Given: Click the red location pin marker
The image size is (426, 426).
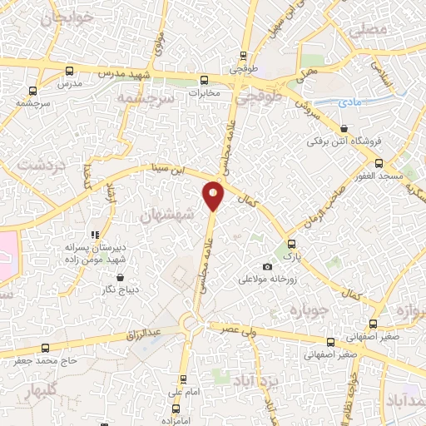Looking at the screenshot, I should (x=214, y=196).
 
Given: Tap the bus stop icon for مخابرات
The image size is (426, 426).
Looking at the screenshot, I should (x=205, y=81).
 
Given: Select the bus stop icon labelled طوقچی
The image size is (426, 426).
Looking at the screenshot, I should (x=243, y=57).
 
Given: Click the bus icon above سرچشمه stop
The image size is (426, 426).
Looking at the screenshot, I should (x=32, y=92).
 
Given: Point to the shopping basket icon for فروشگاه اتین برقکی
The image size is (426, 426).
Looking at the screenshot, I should (x=344, y=129).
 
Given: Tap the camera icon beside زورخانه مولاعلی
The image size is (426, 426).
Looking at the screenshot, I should (x=267, y=266).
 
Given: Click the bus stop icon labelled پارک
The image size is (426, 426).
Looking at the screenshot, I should (x=291, y=244).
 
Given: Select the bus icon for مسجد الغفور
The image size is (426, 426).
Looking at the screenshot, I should (x=379, y=163).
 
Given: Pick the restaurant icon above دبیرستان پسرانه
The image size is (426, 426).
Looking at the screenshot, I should (x=95, y=235).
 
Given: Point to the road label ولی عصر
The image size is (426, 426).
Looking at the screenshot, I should (x=236, y=329).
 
